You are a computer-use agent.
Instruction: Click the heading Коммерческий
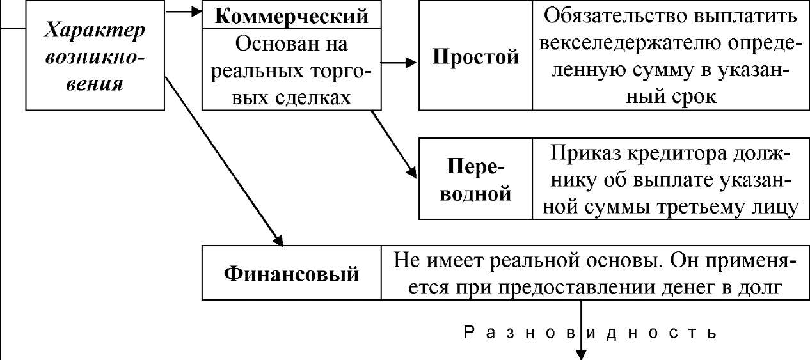click(x=292, y=17)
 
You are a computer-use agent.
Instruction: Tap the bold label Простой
click(x=475, y=57)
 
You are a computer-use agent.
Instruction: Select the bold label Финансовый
click(x=291, y=274)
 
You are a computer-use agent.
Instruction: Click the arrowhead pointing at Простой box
click(x=412, y=63)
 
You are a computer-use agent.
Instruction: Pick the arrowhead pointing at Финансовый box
click(x=279, y=241)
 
